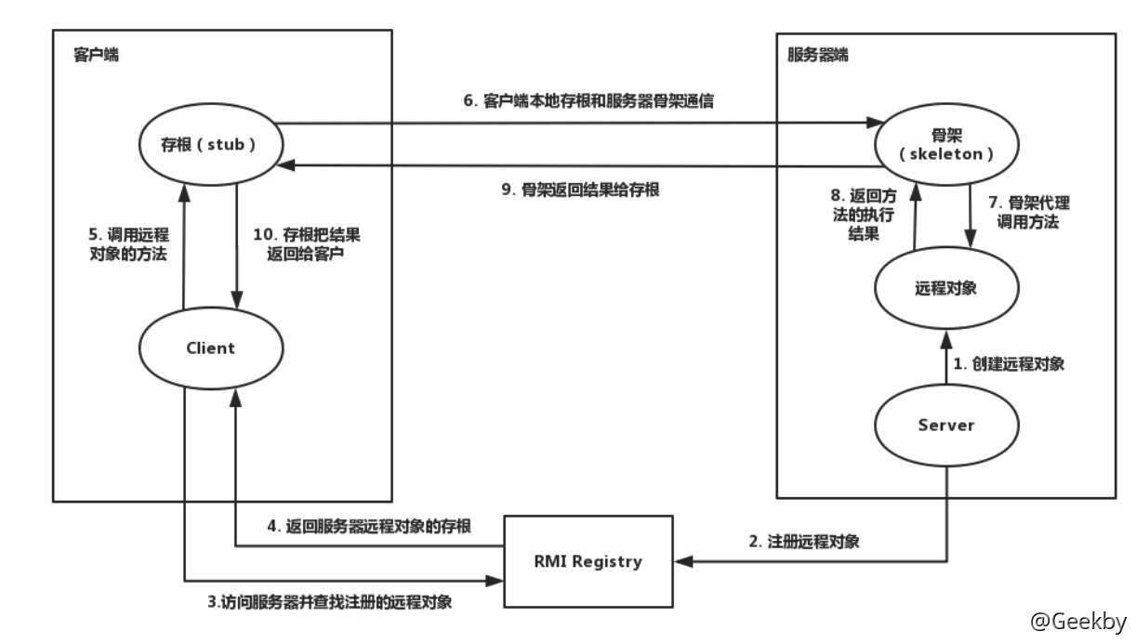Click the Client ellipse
tap(210, 348)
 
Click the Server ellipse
tap(945, 425)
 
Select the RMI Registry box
tap(588, 561)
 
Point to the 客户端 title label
tap(96, 56)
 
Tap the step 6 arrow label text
tap(588, 101)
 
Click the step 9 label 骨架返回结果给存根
tap(580, 190)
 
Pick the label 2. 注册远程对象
tap(804, 542)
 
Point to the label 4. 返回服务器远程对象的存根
tap(370, 526)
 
